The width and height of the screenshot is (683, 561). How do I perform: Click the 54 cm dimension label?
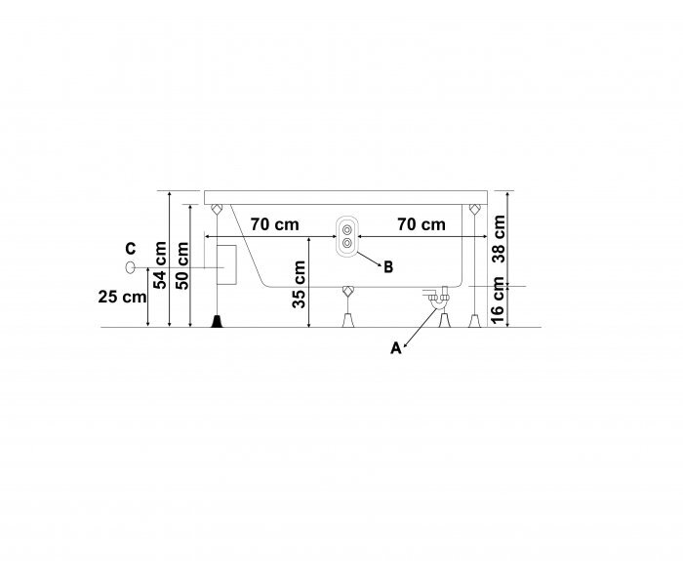click(x=159, y=264)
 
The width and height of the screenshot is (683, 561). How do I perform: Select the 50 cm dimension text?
click(x=181, y=265)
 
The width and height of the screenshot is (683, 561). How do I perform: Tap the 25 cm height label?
click(x=122, y=297)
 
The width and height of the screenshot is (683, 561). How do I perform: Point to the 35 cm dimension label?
click(x=299, y=284)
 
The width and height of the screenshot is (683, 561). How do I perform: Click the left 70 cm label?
click(x=274, y=224)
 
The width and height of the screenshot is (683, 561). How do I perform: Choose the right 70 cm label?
click(x=422, y=224)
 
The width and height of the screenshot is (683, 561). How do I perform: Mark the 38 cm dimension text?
click(x=498, y=238)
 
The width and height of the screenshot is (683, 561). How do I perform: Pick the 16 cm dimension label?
click(x=498, y=301)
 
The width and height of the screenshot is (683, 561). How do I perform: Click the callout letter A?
click(x=395, y=348)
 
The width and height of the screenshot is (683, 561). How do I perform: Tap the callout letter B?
click(x=388, y=267)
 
